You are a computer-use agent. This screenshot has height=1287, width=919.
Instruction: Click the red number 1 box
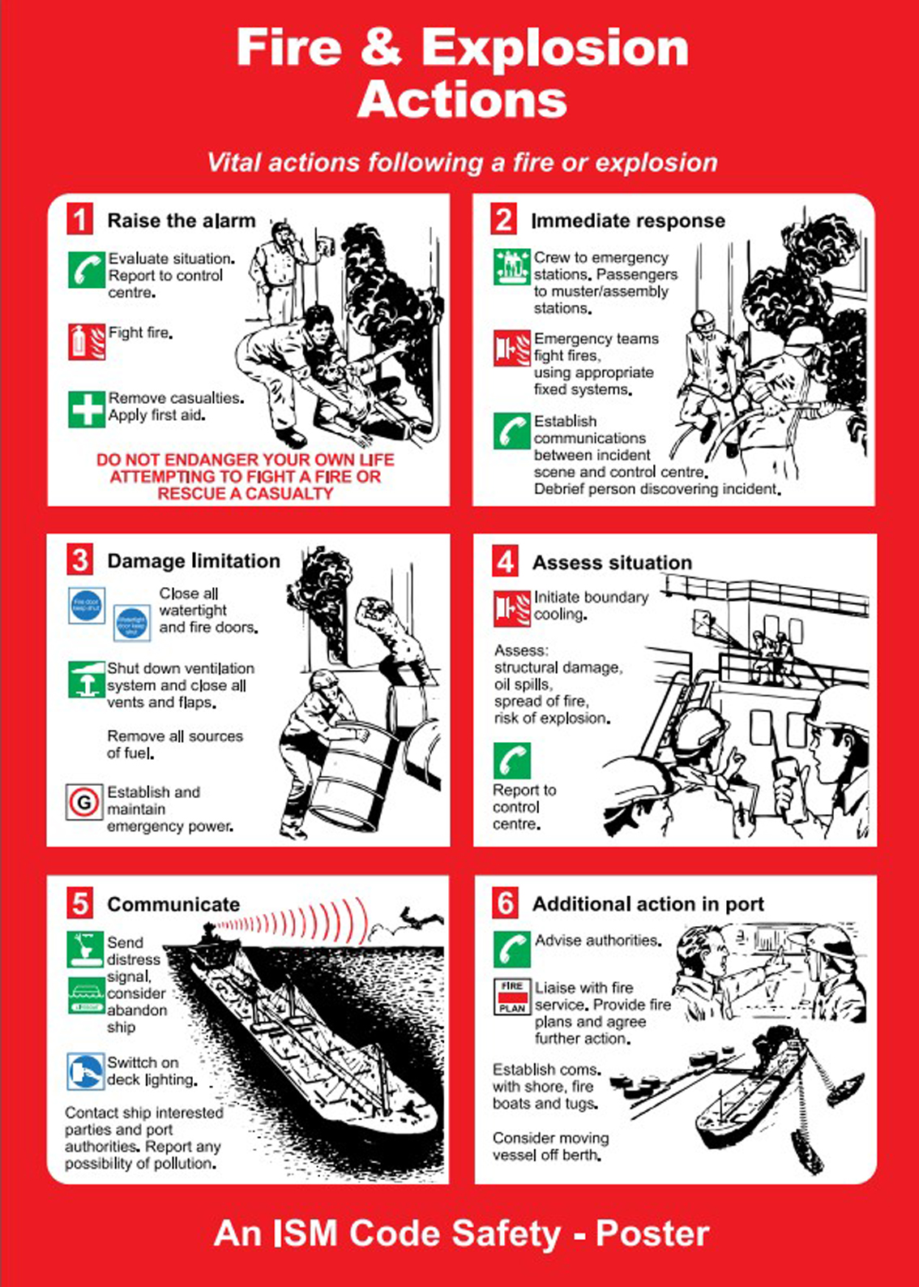click(x=80, y=220)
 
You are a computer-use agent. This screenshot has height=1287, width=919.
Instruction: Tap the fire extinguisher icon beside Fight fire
click(x=87, y=341)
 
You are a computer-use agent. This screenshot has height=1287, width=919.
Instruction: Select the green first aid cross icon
click(x=87, y=409)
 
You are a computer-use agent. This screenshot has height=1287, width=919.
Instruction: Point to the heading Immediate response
click(x=627, y=221)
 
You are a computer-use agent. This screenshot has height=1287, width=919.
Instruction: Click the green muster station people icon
click(x=512, y=266)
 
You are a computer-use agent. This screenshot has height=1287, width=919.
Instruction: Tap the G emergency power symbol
click(x=84, y=803)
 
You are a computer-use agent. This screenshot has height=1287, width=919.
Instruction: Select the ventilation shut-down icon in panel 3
click(x=87, y=680)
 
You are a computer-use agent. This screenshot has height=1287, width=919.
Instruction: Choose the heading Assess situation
click(x=612, y=562)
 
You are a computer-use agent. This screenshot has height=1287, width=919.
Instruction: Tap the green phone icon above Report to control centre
click(x=512, y=761)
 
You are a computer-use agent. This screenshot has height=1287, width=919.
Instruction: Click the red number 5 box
click(x=80, y=903)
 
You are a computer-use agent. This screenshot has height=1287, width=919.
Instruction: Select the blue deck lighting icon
click(x=86, y=1071)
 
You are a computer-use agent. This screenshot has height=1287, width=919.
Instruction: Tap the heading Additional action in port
click(x=648, y=903)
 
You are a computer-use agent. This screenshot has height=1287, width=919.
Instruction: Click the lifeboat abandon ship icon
click(x=86, y=996)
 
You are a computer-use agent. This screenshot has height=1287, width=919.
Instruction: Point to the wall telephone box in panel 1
click(x=327, y=245)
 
